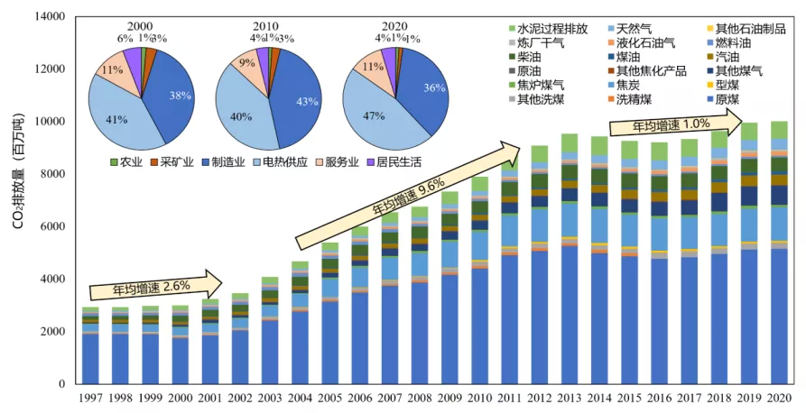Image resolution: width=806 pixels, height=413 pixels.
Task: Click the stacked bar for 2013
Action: pyautogui.click(x=570, y=271)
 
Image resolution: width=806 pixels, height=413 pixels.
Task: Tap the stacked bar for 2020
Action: pyautogui.click(x=777, y=262)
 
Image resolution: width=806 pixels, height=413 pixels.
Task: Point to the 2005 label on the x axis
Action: pyautogui.click(x=330, y=398)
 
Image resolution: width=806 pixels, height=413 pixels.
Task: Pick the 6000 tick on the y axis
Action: pyautogui.click(x=55, y=227)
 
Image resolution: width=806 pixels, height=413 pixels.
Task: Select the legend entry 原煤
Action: pyautogui.click(x=729, y=98)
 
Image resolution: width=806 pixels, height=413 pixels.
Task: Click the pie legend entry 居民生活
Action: pyautogui.click(x=392, y=162)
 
